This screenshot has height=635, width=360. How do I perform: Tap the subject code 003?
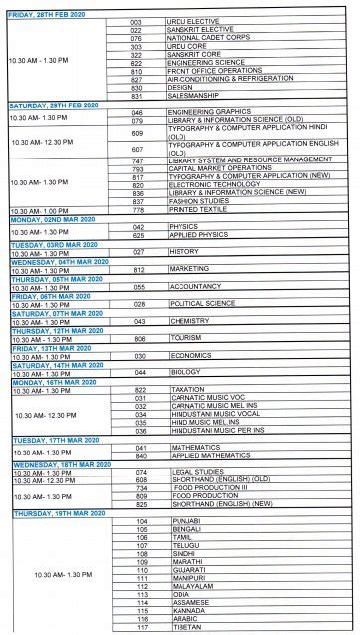[x=136, y=21]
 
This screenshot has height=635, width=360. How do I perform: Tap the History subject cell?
[x=183, y=252]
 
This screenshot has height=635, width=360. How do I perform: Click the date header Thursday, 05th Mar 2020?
[x=57, y=278]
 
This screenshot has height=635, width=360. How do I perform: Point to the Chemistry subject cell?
[x=188, y=321]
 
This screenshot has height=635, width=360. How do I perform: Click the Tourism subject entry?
[x=185, y=338]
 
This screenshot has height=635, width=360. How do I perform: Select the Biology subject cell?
[x=183, y=372]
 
